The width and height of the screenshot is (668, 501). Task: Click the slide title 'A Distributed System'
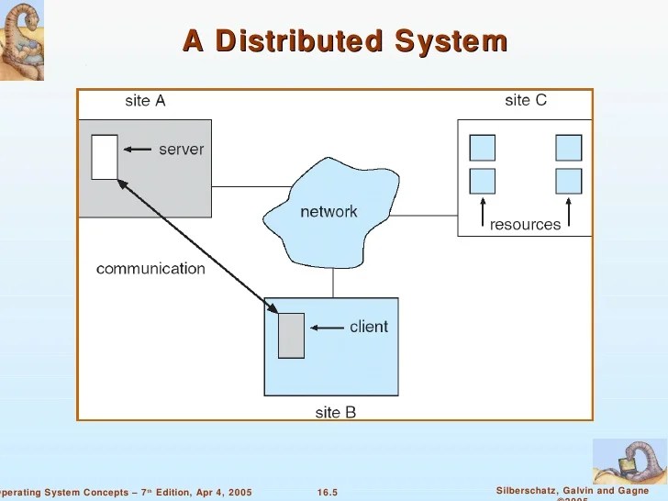click(x=344, y=41)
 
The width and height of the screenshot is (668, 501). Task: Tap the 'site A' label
click(x=145, y=101)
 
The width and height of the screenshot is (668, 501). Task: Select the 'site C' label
click(x=526, y=100)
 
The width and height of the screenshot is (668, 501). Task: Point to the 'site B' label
click(x=335, y=413)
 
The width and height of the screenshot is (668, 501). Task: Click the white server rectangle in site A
click(x=105, y=157)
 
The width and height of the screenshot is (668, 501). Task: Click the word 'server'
click(x=181, y=149)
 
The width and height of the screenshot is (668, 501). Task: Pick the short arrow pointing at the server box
click(x=136, y=149)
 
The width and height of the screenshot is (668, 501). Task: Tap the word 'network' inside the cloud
click(x=328, y=212)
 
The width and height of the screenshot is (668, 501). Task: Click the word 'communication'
click(x=150, y=269)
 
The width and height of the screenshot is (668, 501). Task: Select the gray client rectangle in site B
click(x=291, y=335)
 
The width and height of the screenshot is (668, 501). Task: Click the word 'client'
click(x=369, y=327)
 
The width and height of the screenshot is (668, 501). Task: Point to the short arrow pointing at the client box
click(x=325, y=327)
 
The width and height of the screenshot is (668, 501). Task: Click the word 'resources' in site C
click(x=525, y=225)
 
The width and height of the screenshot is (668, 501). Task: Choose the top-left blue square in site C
click(x=482, y=148)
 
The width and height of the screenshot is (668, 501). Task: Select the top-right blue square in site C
click(x=568, y=148)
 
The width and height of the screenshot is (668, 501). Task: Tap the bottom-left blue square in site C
click(x=482, y=181)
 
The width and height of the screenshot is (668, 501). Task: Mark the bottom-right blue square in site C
click(x=568, y=181)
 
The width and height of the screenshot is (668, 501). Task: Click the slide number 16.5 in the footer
click(x=328, y=493)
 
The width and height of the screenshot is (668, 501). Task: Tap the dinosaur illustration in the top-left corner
click(x=21, y=39)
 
